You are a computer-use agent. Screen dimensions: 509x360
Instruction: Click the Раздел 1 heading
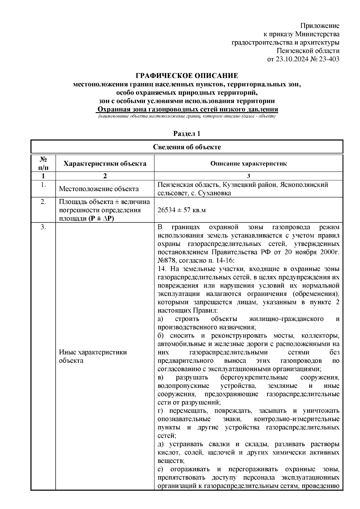click(x=187, y=134)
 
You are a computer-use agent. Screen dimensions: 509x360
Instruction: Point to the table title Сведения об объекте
click(x=187, y=147)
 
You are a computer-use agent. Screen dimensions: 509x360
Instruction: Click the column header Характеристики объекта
click(x=105, y=163)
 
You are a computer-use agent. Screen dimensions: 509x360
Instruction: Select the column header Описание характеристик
click(x=248, y=163)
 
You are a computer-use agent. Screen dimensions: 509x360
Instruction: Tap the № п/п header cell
click(x=43, y=163)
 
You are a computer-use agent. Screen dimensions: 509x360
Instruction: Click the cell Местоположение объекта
click(x=99, y=189)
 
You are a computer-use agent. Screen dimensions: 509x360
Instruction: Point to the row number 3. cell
click(x=43, y=227)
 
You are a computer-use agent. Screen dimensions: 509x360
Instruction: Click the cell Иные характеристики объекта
click(x=93, y=356)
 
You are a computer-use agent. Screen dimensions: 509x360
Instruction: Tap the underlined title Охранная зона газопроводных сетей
click(x=187, y=109)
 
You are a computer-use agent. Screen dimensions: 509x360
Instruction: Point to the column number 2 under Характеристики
click(x=105, y=176)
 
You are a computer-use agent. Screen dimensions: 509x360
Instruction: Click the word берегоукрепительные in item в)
click(x=254, y=377)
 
